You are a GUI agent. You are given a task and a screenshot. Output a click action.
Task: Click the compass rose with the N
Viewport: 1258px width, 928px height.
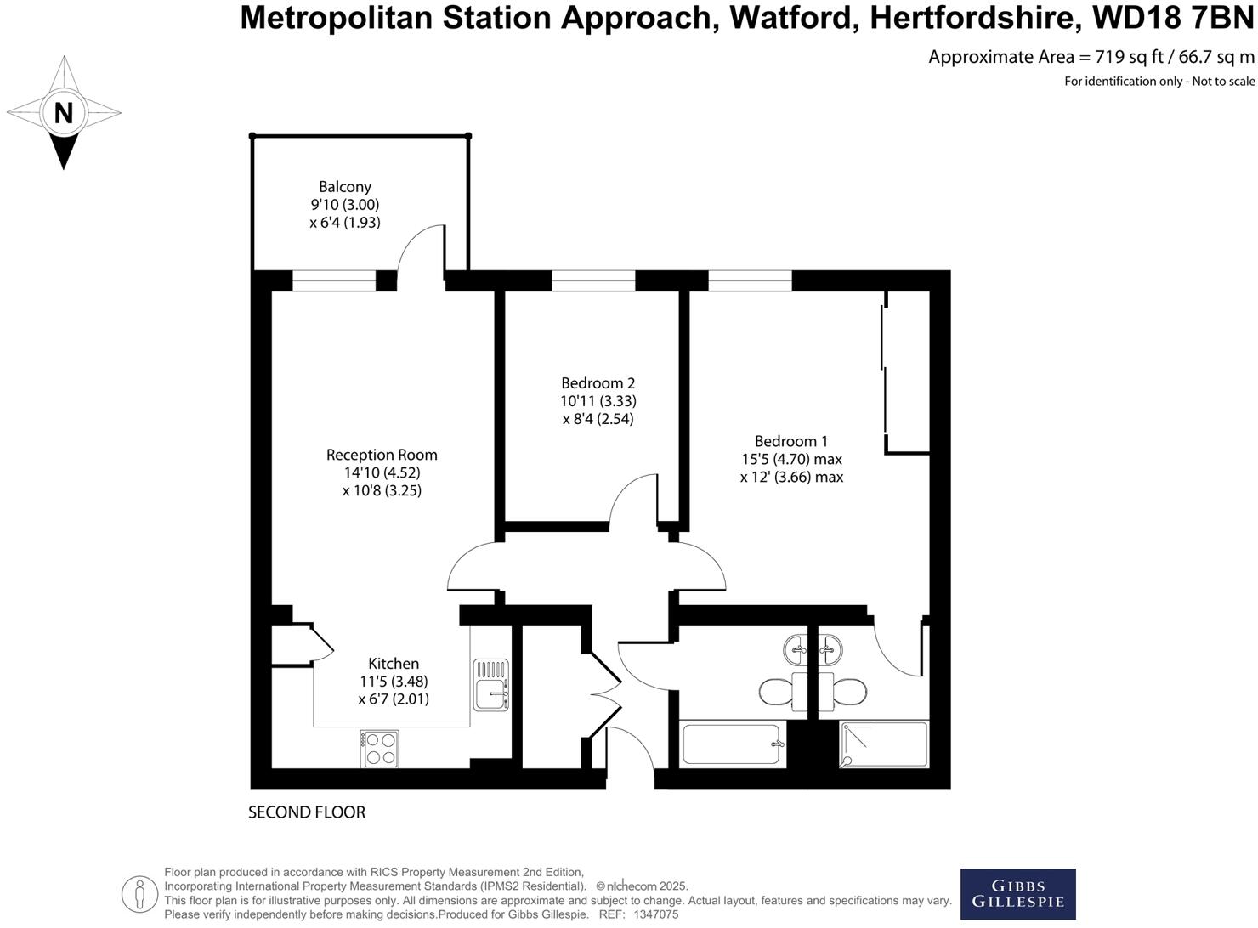(x=64, y=112)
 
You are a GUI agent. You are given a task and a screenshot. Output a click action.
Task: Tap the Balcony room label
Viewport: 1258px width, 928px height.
(x=345, y=187)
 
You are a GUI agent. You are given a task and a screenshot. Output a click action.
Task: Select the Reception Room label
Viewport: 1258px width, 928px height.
(x=382, y=455)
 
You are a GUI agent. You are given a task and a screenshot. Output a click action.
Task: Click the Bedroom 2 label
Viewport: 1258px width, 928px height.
(x=598, y=383)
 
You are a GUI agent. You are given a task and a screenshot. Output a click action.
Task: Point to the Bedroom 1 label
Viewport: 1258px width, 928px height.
(x=790, y=441)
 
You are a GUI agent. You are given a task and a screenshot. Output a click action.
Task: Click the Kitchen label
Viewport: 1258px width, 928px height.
(x=394, y=664)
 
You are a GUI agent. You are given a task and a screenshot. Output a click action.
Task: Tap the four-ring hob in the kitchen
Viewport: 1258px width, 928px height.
(x=380, y=749)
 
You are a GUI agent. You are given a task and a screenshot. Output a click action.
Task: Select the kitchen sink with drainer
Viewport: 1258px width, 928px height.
(x=491, y=684)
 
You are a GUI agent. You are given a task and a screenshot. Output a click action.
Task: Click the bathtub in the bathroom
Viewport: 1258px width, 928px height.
(x=733, y=744)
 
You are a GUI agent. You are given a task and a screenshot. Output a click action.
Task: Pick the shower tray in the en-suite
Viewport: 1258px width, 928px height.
(x=884, y=744)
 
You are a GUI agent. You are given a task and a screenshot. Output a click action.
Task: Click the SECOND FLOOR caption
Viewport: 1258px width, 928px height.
(x=307, y=812)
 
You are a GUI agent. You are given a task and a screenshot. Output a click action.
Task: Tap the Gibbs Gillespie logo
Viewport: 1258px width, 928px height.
(x=1017, y=894)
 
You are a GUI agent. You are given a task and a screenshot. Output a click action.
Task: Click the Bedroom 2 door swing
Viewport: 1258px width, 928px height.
(x=633, y=501)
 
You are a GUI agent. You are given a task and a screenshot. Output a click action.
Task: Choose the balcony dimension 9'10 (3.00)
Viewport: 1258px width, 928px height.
(x=345, y=205)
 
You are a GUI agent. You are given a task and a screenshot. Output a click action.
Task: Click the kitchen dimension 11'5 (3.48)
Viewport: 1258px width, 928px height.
(x=394, y=682)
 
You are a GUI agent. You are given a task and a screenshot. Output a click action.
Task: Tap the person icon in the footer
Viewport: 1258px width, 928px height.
(x=139, y=894)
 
